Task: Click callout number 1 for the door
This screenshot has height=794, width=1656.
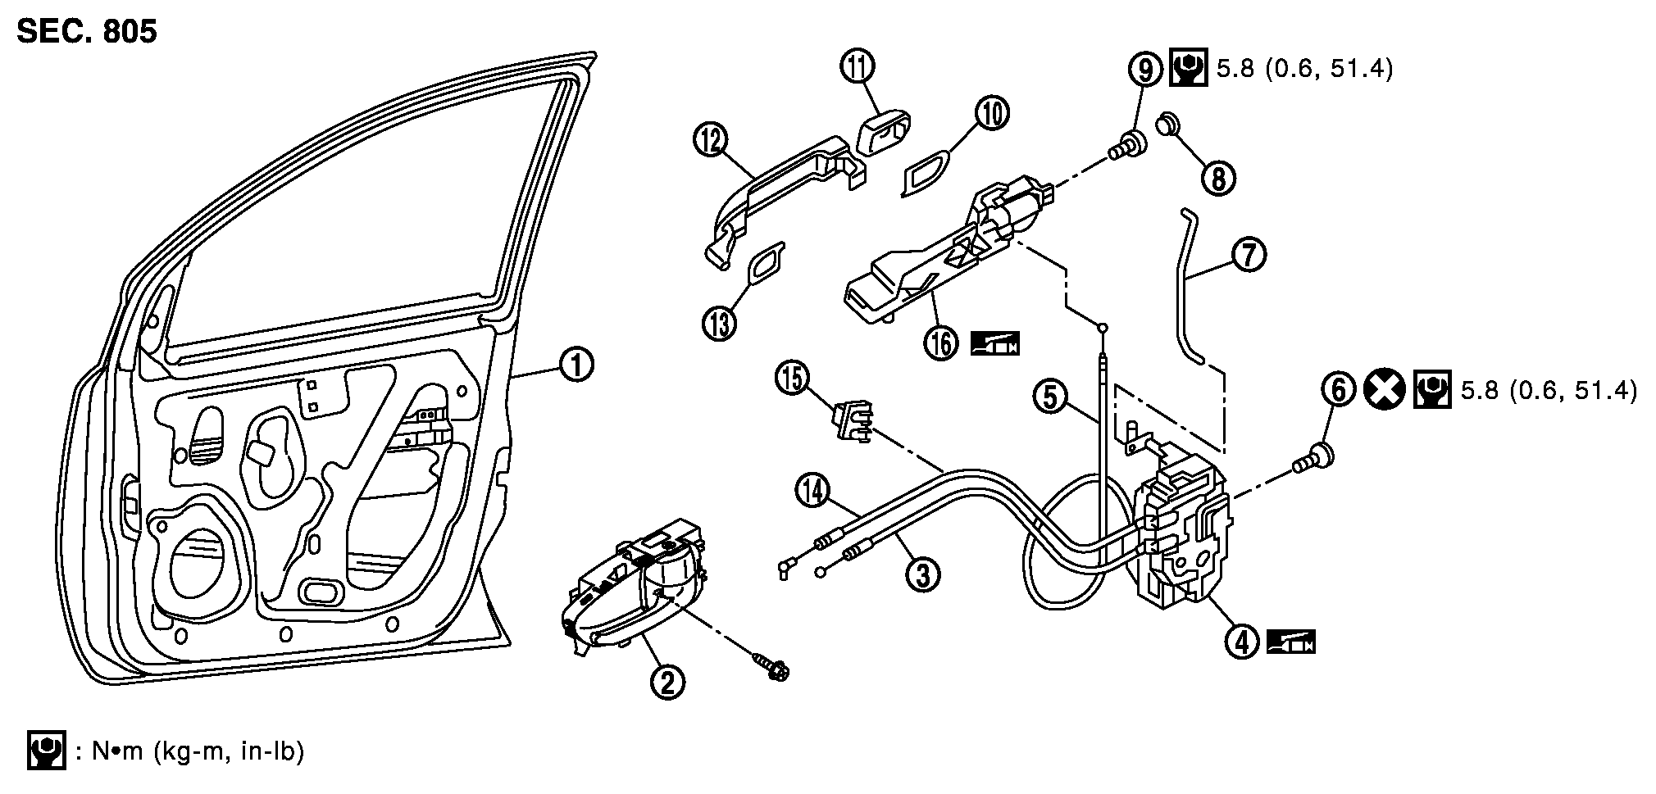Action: [576, 364]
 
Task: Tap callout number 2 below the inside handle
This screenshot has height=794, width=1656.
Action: [667, 681]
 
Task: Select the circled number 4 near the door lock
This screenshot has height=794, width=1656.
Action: [1243, 642]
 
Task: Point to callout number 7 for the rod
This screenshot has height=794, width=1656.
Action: [1249, 256]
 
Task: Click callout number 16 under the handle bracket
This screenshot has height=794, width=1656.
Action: [943, 342]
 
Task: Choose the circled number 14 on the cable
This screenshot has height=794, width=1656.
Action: [812, 492]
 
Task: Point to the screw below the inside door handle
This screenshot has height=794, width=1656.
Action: [770, 665]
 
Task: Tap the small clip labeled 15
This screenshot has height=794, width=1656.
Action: [852, 421]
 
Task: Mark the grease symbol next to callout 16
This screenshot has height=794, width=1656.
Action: [994, 343]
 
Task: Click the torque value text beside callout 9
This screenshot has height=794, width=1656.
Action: [1303, 69]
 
